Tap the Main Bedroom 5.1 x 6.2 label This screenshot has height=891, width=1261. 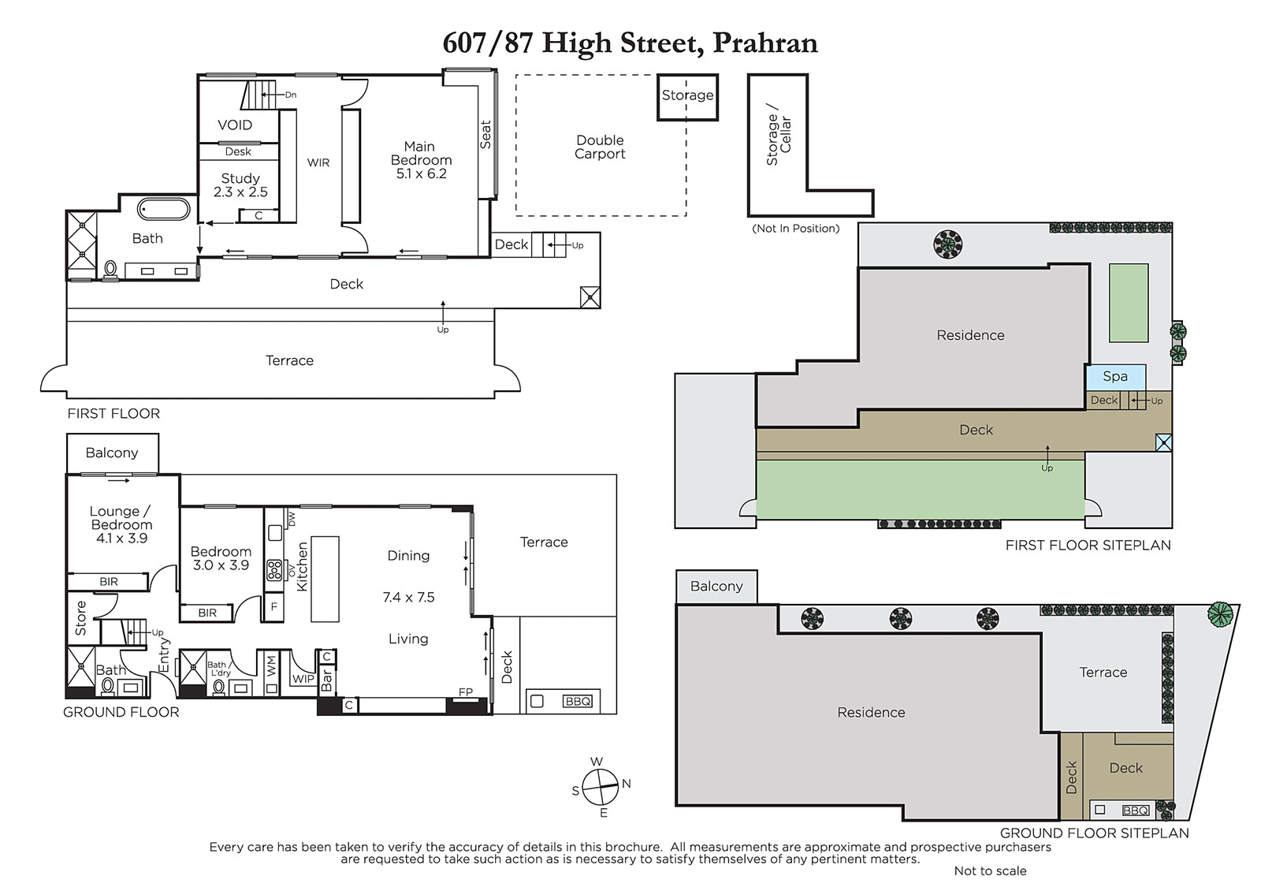421,160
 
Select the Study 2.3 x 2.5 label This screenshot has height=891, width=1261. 240,185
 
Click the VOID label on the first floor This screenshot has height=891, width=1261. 235,125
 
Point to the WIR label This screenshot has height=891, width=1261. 318,162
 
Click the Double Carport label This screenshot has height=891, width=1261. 600,147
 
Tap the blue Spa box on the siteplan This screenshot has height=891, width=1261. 1115,377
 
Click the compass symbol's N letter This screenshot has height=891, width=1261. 627,784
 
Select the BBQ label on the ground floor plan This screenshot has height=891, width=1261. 578,701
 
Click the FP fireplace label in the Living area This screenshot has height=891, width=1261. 466,692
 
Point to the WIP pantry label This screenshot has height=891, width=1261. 303,679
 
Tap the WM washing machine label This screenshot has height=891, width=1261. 271,666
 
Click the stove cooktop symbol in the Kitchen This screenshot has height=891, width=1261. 274,570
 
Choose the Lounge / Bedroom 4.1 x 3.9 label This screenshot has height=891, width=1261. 121,524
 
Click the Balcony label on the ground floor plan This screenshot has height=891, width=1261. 112,453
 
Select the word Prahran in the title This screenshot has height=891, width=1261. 765,43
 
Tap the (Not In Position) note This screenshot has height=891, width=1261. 795,228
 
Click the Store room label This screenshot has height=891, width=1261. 81,618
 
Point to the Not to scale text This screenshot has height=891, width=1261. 990,870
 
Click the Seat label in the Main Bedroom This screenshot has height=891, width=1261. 485,134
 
